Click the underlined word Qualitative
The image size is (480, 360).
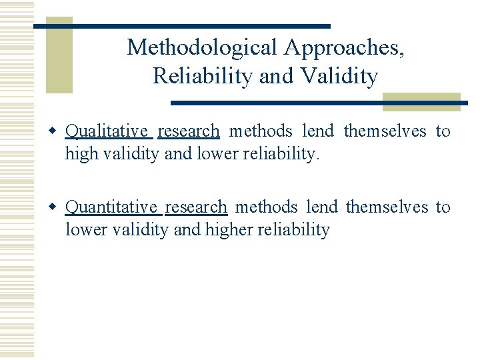109,131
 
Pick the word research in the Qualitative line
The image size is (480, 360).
189,131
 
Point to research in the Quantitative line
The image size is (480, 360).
196,207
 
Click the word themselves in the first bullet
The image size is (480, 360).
385,131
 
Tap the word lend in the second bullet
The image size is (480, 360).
321,207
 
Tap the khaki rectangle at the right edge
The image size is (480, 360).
421,101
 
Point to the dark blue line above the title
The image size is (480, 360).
182,26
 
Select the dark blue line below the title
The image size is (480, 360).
319,103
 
